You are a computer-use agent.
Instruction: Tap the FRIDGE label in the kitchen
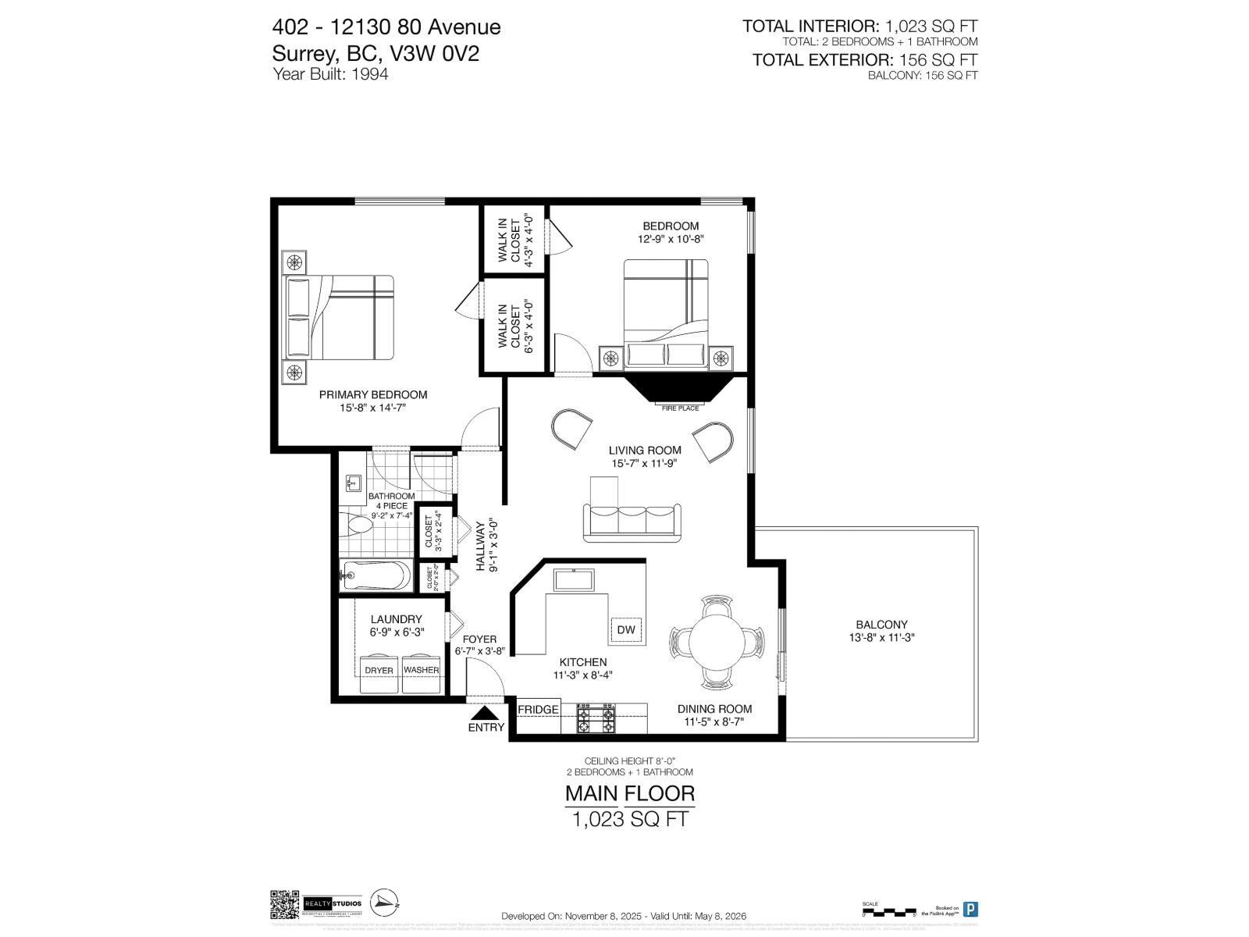coord(538,709)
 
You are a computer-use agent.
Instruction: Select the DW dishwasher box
coord(626,629)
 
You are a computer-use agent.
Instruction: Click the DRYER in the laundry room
coord(379,670)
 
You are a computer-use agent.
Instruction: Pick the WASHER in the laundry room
coord(421,670)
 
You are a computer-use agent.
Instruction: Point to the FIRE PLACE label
coord(681,408)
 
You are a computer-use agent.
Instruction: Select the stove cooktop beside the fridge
coord(595,718)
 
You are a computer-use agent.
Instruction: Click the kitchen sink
coord(574,580)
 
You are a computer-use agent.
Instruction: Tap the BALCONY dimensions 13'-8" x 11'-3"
coord(881,637)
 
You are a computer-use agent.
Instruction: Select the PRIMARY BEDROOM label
coord(373,394)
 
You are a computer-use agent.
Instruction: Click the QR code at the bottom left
coord(284,904)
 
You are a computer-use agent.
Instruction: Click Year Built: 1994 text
coord(330,74)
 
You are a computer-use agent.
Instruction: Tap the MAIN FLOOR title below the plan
coord(629,794)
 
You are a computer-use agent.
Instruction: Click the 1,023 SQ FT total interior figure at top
coord(931,27)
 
